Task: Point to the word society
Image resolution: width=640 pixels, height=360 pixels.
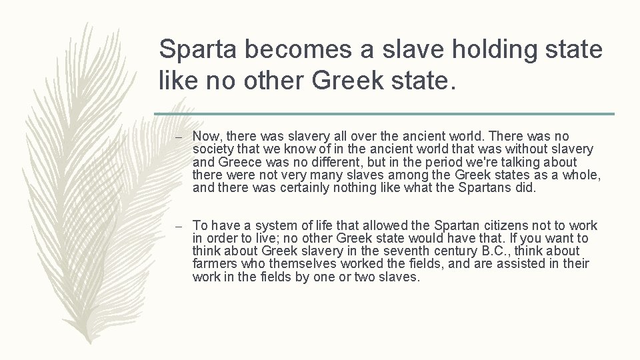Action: click(x=213, y=149)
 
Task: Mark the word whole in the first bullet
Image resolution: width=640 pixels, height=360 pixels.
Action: click(x=581, y=175)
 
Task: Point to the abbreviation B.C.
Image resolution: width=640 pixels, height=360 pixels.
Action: click(x=491, y=251)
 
